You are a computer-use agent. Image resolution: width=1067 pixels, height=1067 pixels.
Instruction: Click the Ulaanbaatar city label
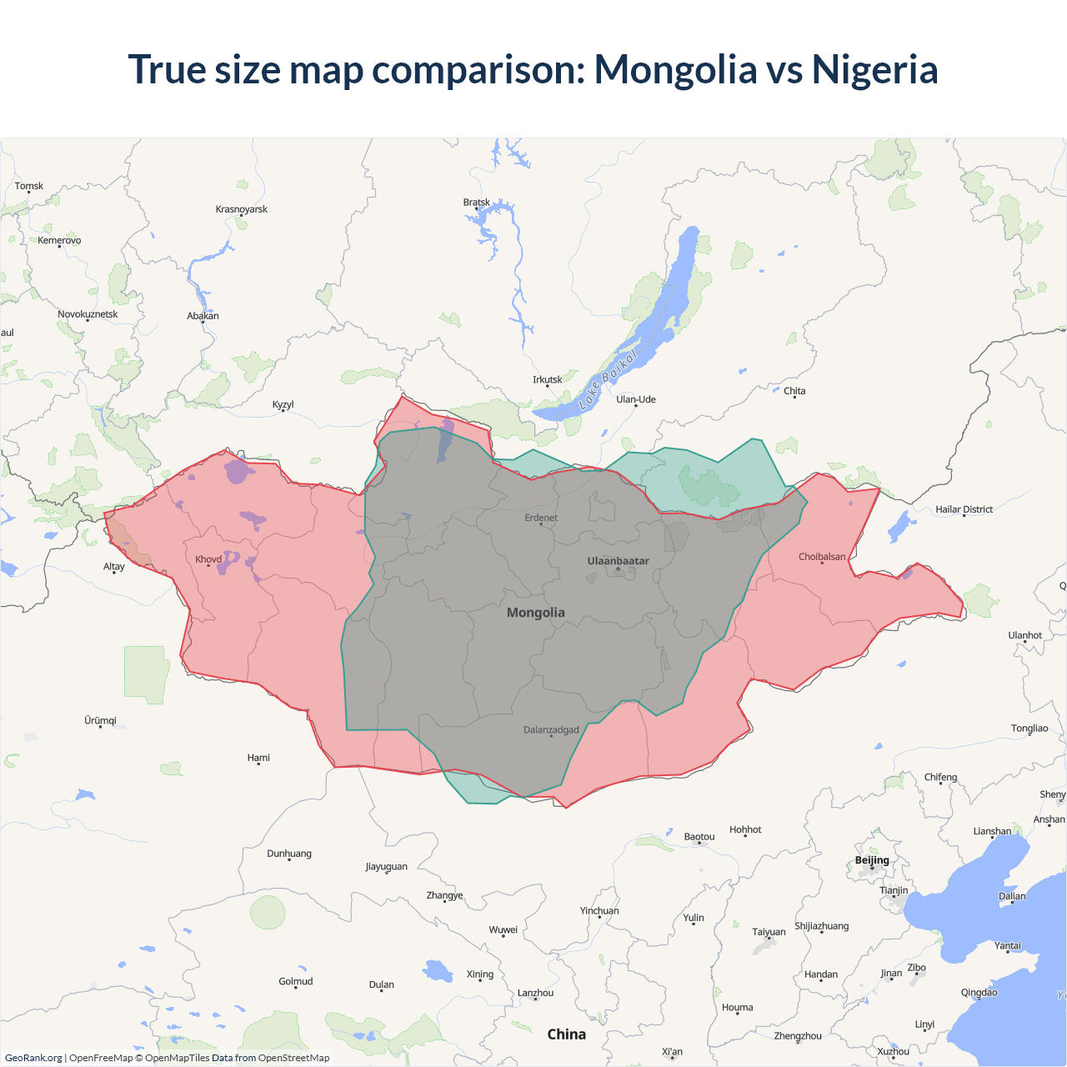coord(618,561)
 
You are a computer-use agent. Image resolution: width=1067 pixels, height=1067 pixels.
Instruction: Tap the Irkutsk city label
coord(548,380)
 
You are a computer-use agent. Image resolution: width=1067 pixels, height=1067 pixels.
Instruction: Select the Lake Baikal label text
coord(608,379)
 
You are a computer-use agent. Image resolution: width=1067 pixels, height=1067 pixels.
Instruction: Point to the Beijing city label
coord(872,860)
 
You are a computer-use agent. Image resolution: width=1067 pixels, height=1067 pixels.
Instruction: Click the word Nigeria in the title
coord(874,69)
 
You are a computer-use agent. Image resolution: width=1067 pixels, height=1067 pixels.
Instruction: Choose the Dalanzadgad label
coord(551,730)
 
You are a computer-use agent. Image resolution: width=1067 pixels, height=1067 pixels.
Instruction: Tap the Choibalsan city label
coord(821,557)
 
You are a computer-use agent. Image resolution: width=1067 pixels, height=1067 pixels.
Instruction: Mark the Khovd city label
coord(208,559)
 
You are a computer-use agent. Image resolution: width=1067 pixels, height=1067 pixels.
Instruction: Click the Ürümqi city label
coord(101,720)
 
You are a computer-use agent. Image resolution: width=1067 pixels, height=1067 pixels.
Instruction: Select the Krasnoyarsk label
coord(242,209)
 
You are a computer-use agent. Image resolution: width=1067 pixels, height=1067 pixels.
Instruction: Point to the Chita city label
coord(794,391)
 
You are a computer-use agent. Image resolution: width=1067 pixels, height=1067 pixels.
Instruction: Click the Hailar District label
coord(964,509)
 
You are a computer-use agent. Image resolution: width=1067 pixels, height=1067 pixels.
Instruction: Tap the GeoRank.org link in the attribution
coord(33,1058)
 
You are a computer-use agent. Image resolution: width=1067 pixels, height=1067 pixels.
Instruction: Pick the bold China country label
coord(566,1034)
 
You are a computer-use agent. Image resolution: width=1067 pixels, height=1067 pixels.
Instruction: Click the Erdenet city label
coord(541,518)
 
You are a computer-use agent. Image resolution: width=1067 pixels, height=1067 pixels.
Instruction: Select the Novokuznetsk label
coord(88,314)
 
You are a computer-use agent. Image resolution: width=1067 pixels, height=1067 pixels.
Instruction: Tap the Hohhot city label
coord(745,829)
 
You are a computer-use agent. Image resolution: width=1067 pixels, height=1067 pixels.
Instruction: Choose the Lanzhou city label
coord(535,993)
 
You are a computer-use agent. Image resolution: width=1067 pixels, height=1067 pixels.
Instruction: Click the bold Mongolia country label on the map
coord(536,613)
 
